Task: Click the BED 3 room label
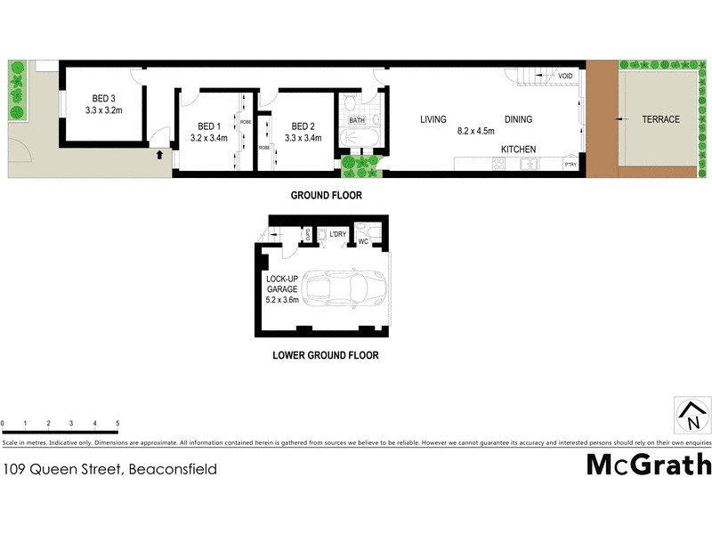(x=104, y=99)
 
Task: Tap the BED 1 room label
(x=209, y=126)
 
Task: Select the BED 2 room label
(x=303, y=126)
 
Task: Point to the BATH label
(x=356, y=120)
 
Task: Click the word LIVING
(x=433, y=119)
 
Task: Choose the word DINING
(x=518, y=119)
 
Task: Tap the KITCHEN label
(x=518, y=149)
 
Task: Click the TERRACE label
(x=660, y=119)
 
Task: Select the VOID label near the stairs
(x=565, y=77)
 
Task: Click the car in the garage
(x=342, y=288)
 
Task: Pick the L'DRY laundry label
(x=337, y=234)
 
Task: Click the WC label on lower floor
(x=363, y=240)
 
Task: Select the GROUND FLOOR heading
(x=327, y=195)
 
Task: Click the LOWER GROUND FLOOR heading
(x=325, y=355)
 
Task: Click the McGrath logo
(x=649, y=465)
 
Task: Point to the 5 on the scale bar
(x=117, y=423)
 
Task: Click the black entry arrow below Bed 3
(x=160, y=155)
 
